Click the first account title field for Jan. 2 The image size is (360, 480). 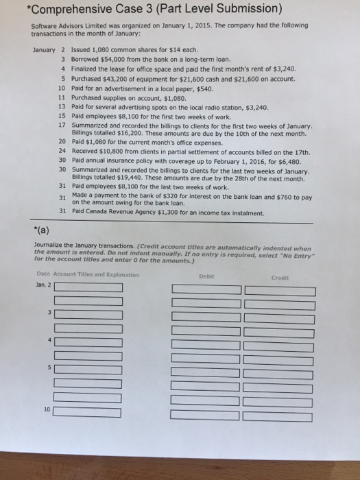[x=88, y=287]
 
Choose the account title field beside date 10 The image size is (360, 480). [x=88, y=412]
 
